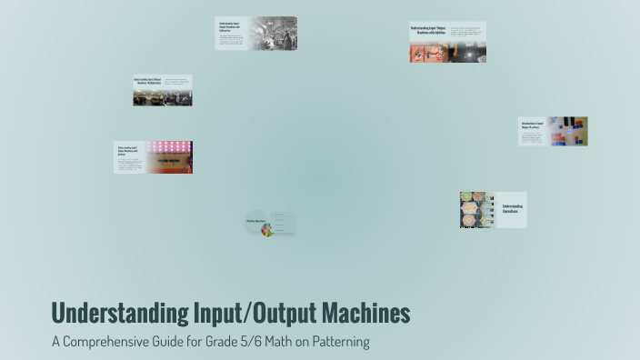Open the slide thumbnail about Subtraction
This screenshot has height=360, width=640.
click(255, 34)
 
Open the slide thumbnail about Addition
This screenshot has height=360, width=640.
click(447, 42)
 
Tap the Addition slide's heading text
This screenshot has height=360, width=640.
click(430, 30)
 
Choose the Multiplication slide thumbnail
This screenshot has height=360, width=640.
click(163, 90)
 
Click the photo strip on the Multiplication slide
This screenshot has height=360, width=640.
click(163, 99)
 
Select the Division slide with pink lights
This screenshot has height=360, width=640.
click(153, 156)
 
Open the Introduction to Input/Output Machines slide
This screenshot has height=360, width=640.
click(553, 131)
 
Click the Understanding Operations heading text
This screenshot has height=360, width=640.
click(512, 208)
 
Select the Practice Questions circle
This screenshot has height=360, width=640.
click(257, 221)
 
